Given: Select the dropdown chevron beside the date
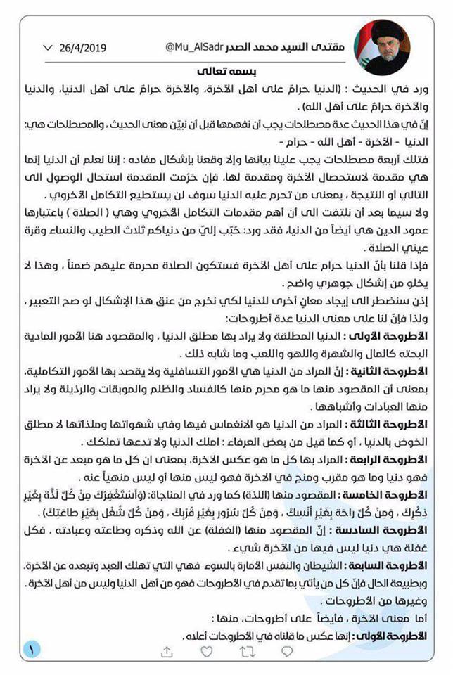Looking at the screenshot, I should coord(47,48).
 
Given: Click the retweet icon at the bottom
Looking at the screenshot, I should coord(248,652).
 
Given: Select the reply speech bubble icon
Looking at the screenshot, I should coord(288,652).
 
